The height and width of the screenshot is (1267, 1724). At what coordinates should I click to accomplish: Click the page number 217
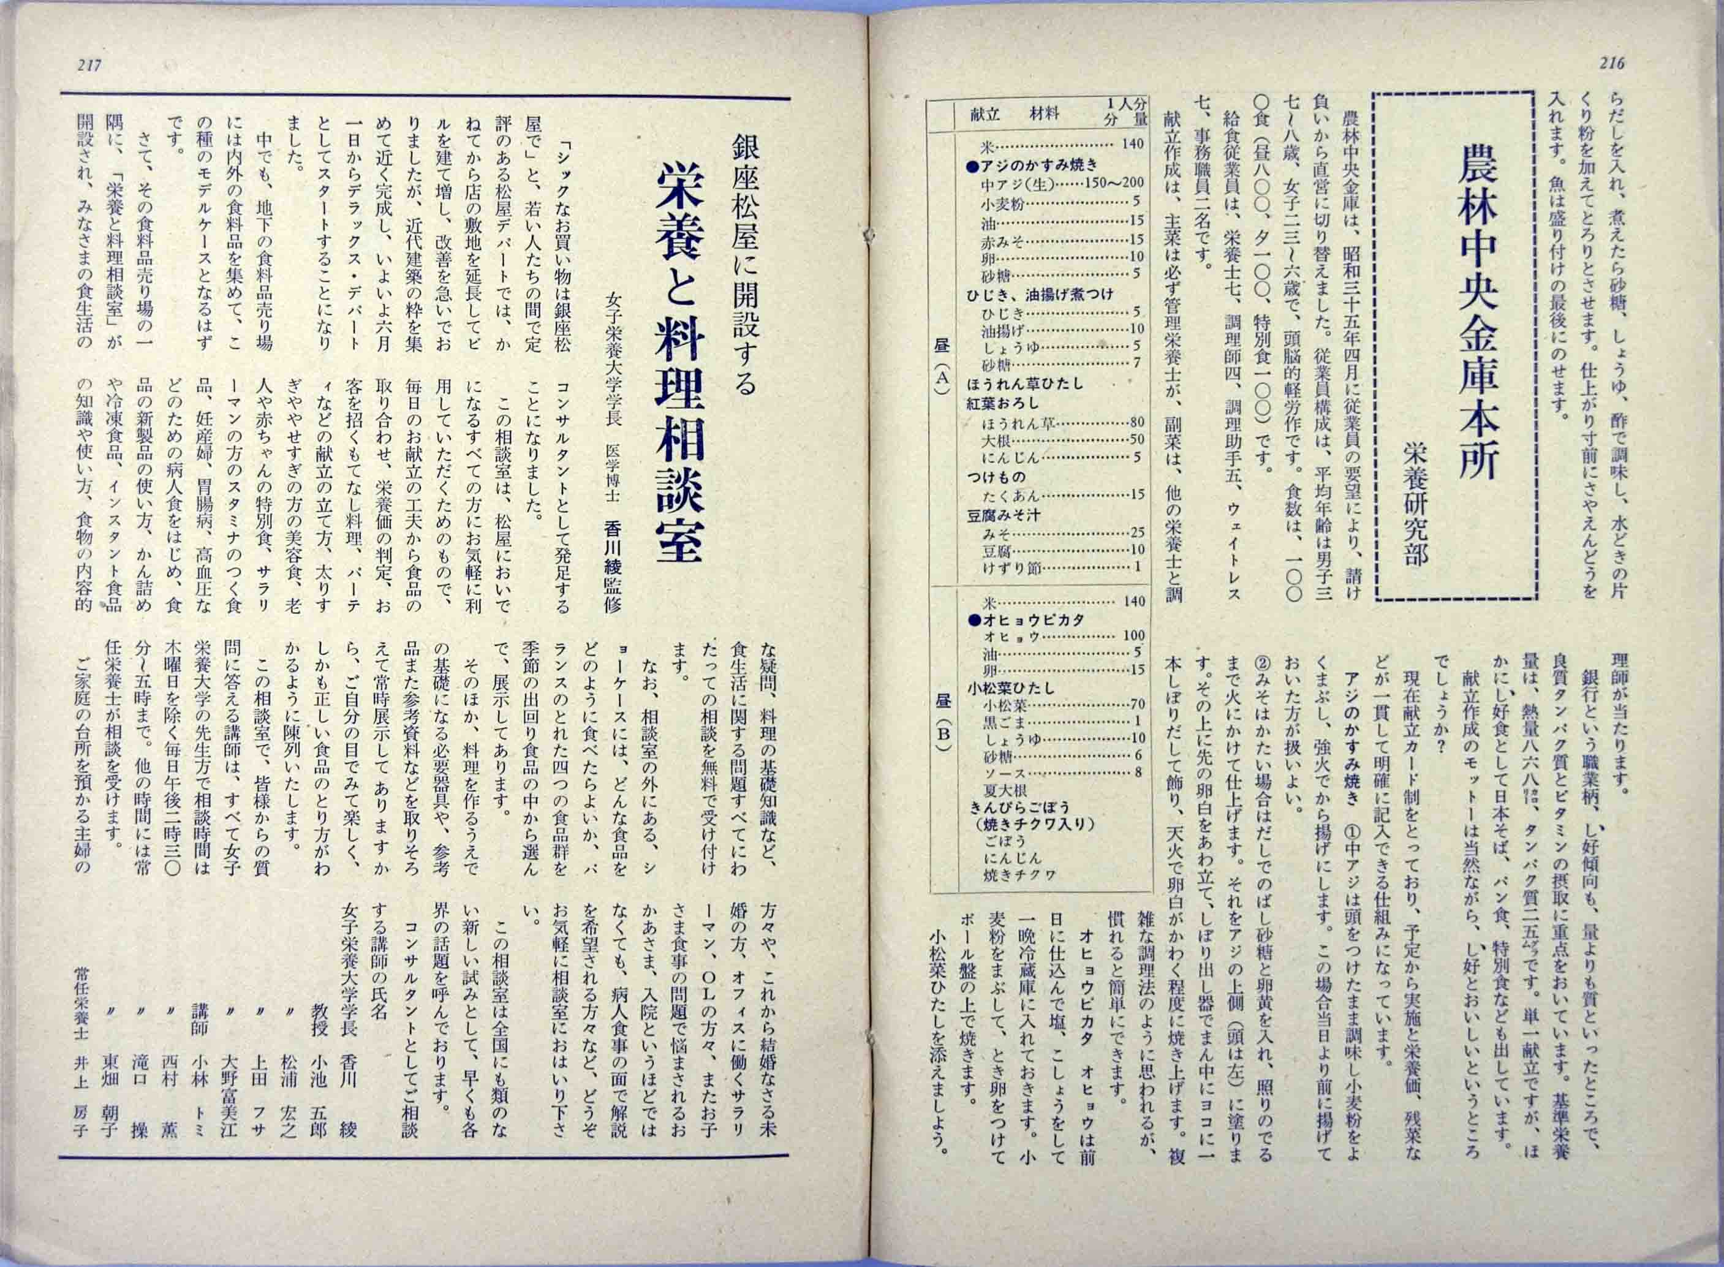89,66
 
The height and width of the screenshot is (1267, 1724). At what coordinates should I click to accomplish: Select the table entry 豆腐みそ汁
1005,515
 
